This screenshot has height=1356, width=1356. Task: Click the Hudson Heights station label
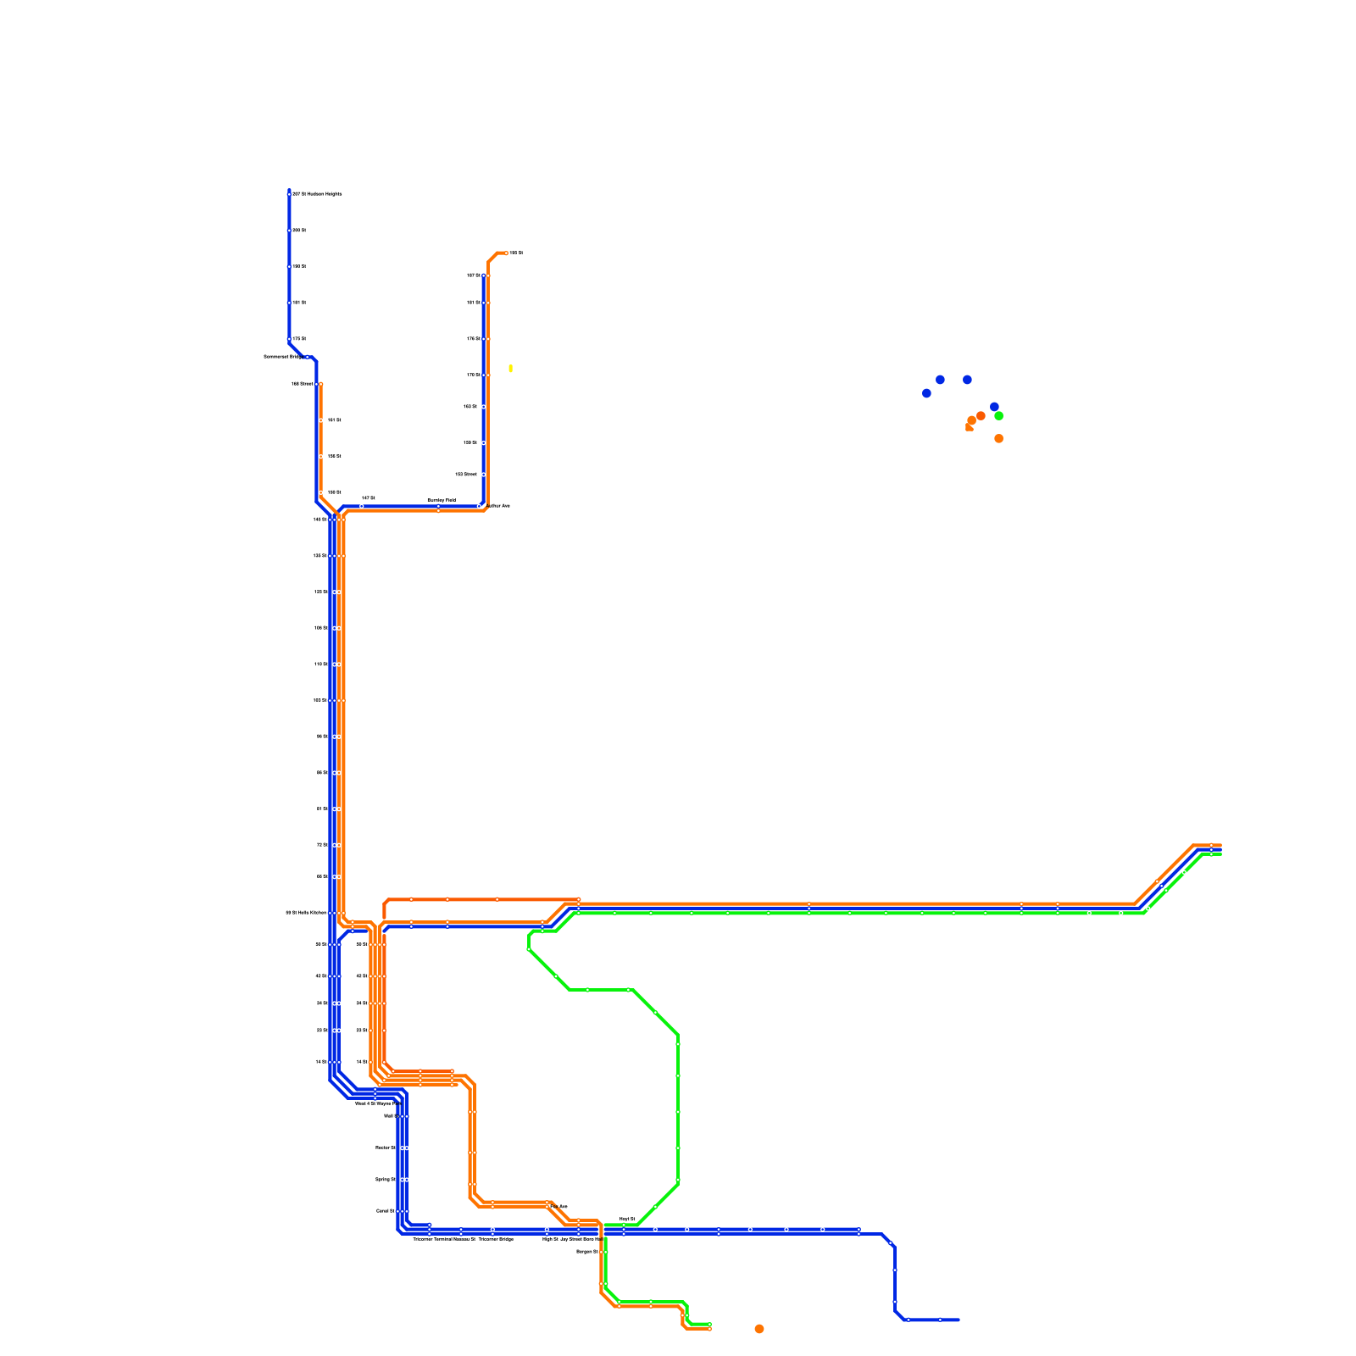(x=317, y=194)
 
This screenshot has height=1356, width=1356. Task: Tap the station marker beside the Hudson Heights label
(x=289, y=194)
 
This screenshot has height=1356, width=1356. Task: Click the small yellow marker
(x=510, y=368)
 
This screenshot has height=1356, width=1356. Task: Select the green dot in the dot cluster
(x=998, y=416)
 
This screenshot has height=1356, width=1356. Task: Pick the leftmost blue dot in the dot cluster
(x=926, y=393)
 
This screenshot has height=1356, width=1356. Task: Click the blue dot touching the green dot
(x=994, y=407)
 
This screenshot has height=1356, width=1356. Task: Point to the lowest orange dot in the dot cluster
(x=998, y=439)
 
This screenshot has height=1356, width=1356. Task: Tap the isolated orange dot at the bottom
(x=759, y=1329)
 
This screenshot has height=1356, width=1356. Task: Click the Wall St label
(x=390, y=1116)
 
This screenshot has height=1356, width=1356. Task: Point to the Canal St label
(x=386, y=1211)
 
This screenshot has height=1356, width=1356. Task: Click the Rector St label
(x=385, y=1148)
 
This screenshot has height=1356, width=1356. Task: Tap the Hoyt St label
(x=627, y=1219)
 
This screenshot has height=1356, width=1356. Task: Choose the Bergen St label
(x=587, y=1251)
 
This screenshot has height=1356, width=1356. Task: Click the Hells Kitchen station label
(x=306, y=913)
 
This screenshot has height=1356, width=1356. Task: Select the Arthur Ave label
(x=500, y=506)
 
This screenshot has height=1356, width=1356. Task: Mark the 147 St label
(x=368, y=498)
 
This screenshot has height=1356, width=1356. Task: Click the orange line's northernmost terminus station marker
(x=506, y=253)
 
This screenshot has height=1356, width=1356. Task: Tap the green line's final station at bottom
(x=709, y=1324)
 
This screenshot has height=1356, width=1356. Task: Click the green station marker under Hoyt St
(x=624, y=1225)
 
